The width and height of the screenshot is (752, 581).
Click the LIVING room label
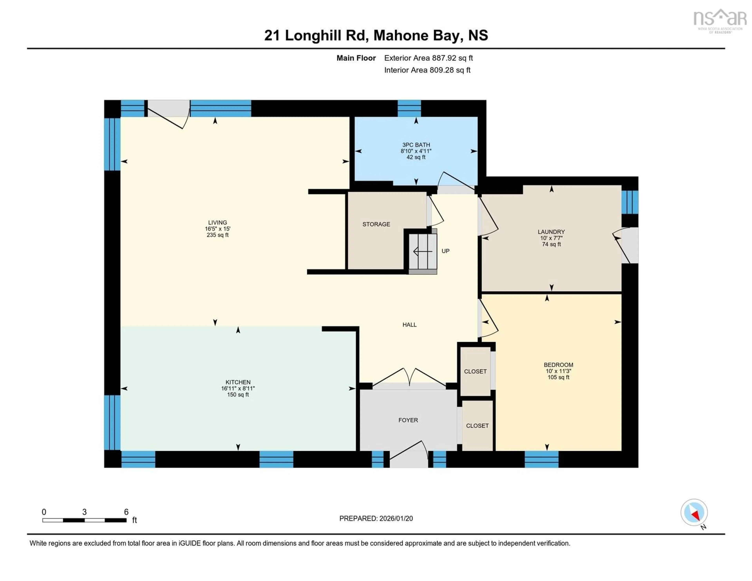click(217, 223)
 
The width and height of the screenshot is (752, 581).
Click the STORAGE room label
click(376, 224)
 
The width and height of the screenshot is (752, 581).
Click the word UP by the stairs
click(445, 251)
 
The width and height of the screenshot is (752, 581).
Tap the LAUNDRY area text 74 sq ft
click(551, 244)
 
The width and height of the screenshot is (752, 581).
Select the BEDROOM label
click(558, 365)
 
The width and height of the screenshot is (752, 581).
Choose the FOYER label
click(408, 420)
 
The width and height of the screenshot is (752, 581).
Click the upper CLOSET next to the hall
click(475, 371)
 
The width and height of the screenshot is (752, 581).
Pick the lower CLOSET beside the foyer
click(477, 426)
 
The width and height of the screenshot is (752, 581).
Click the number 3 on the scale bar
click(84, 512)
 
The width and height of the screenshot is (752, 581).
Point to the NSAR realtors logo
click(720, 21)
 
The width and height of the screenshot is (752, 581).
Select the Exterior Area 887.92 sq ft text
click(428, 58)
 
